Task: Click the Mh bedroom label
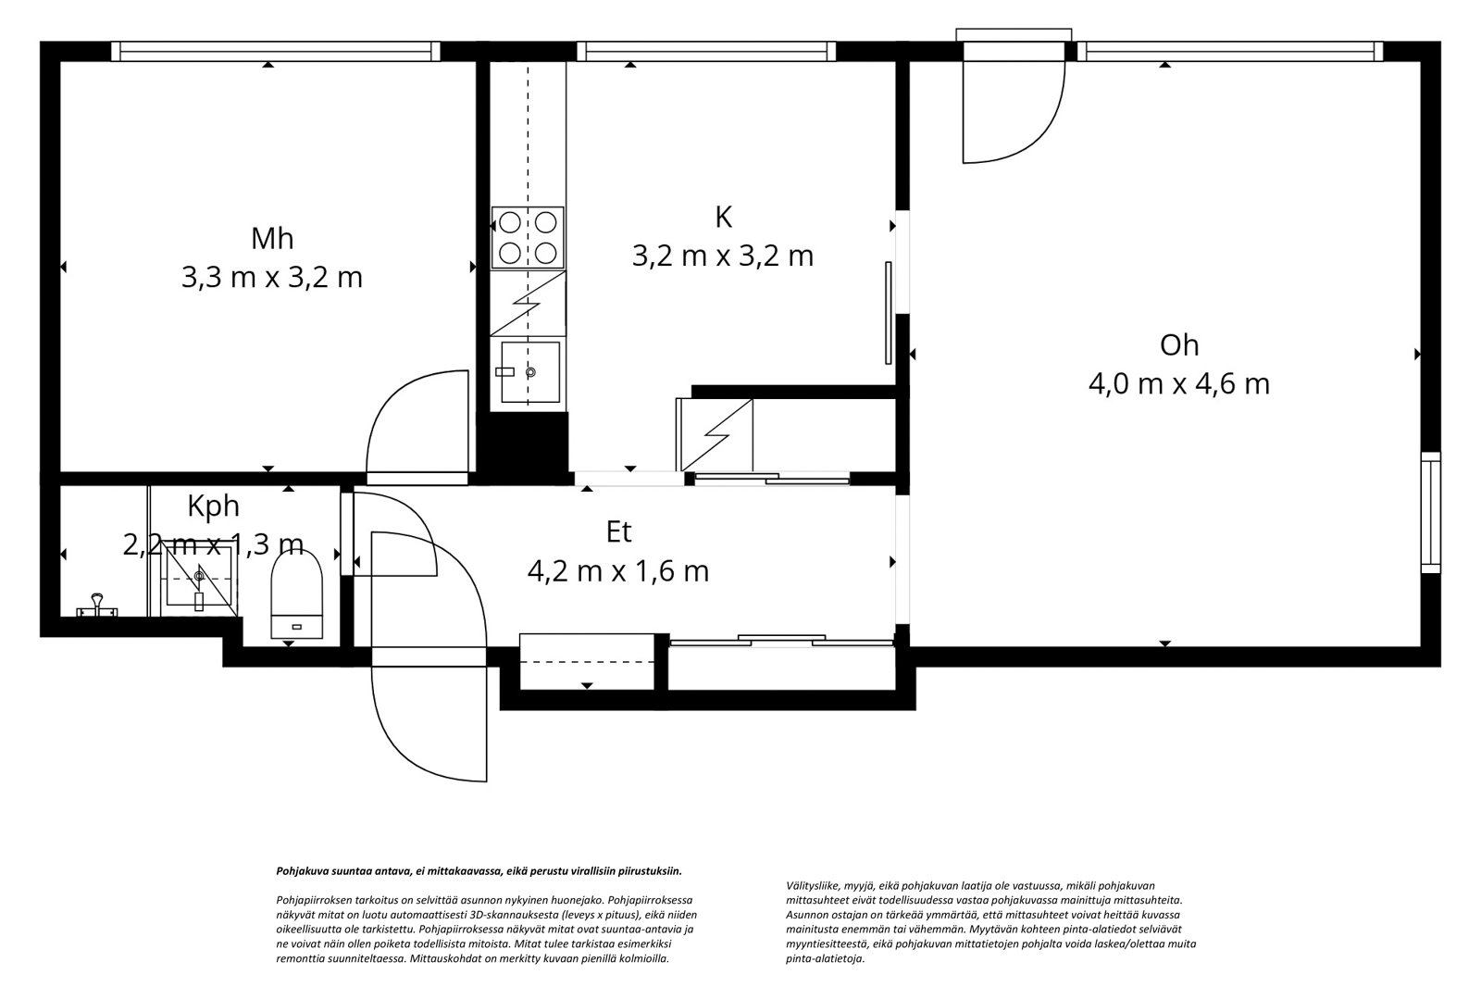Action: click(272, 238)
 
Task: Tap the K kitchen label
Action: click(723, 217)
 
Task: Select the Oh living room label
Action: click(1179, 345)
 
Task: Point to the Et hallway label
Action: click(619, 531)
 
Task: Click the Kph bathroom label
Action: click(213, 506)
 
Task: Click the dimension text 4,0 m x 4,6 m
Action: click(1179, 384)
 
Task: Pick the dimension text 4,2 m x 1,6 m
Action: click(618, 571)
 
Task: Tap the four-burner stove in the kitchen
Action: click(528, 238)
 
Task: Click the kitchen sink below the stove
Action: click(530, 372)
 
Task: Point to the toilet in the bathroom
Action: click(297, 593)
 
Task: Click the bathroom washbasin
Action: click(199, 576)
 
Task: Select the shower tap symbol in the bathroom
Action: click(97, 606)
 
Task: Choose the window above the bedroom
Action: click(275, 52)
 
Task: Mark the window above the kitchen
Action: click(706, 52)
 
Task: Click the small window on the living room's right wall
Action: click(1431, 513)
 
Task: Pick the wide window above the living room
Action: click(1230, 52)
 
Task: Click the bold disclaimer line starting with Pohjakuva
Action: click(479, 871)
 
